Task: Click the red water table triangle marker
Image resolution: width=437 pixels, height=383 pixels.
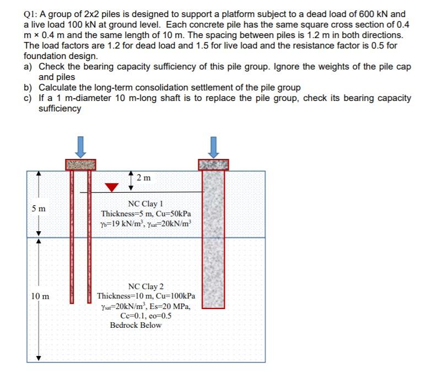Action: click(x=112, y=187)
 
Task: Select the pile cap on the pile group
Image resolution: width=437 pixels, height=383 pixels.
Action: click(x=80, y=164)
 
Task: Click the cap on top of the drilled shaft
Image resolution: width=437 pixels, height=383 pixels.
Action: click(x=213, y=164)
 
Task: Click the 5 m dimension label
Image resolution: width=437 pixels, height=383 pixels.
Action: click(x=39, y=209)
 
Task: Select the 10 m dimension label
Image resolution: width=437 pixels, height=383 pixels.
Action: click(x=39, y=296)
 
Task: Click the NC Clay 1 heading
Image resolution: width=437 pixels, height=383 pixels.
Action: click(x=145, y=204)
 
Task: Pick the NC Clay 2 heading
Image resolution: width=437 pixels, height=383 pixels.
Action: click(x=145, y=286)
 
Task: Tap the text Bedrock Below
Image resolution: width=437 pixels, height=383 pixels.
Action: click(x=136, y=325)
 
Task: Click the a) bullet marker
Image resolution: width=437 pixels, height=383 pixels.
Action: click(x=28, y=67)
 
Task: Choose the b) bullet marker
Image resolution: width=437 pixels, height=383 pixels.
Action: click(x=28, y=88)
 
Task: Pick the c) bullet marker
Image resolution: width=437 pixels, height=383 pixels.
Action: click(x=28, y=98)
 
